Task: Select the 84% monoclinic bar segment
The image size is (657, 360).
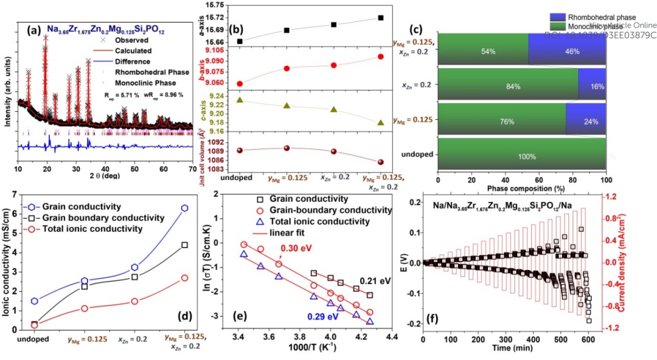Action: coord(507,86)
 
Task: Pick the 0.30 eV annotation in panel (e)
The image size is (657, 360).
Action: coord(296,248)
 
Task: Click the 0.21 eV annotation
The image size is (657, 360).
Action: coord(375,281)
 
